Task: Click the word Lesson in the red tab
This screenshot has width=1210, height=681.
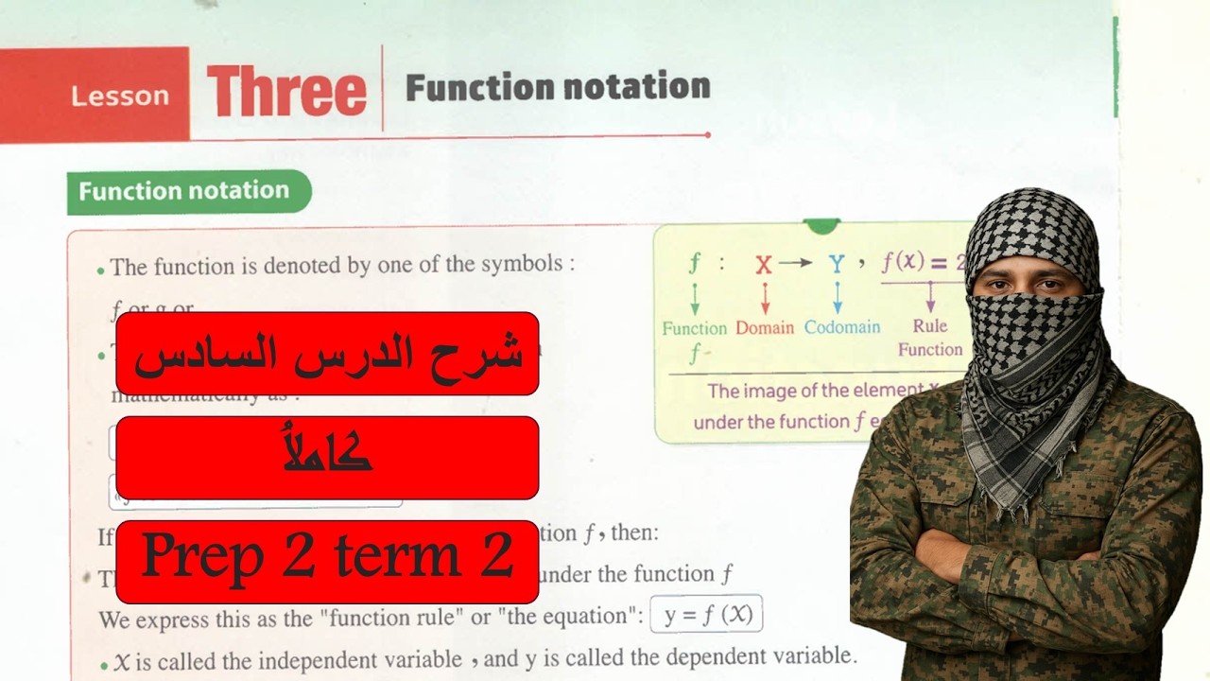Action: point(120,96)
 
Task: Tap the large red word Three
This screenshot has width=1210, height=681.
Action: point(286,91)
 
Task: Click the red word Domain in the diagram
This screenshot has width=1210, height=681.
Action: point(765,327)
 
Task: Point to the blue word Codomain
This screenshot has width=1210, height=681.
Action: point(842,327)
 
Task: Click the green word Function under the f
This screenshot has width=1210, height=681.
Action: point(694,328)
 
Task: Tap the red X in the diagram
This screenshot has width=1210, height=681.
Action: point(764,264)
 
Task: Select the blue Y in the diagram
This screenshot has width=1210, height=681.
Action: point(837,263)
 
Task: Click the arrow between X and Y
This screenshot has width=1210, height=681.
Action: point(796,263)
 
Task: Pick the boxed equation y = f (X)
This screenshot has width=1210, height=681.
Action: point(707,615)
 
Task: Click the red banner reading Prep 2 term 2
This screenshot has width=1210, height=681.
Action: point(327,560)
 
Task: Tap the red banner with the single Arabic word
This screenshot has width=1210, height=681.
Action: point(327,457)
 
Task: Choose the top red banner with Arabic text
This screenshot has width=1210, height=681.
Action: point(327,353)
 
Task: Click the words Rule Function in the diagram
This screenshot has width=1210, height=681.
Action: point(930,338)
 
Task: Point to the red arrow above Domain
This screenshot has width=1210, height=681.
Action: point(765,298)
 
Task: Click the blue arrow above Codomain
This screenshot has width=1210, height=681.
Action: point(837,298)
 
